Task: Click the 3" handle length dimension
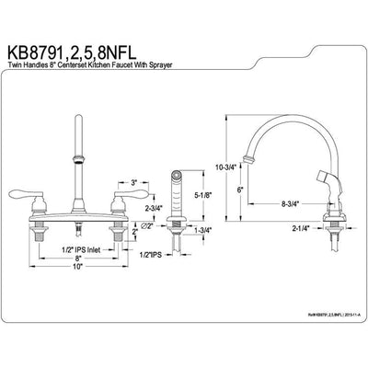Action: click(134, 183)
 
